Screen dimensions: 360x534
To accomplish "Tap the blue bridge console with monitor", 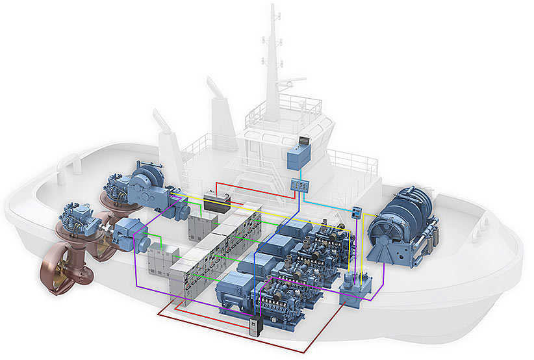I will coord(298,157).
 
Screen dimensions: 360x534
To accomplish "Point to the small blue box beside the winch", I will coord(356,212).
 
